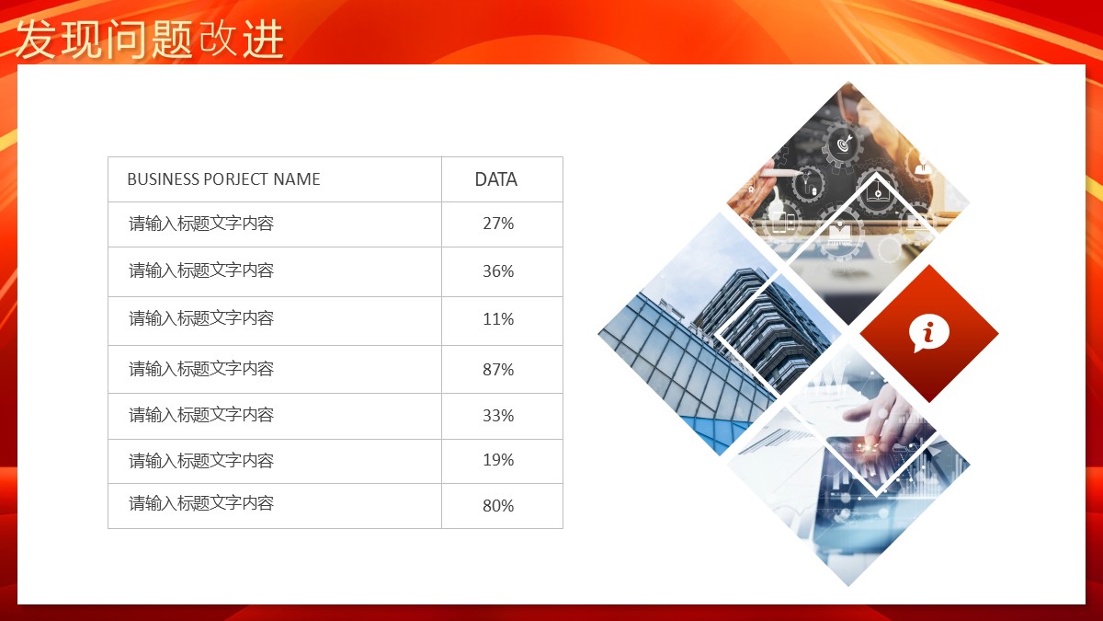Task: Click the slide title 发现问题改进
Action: point(150,39)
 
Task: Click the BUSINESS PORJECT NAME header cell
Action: point(223,178)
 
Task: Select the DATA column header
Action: point(495,179)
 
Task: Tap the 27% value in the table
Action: point(498,224)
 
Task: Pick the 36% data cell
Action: point(498,270)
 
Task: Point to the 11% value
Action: point(498,319)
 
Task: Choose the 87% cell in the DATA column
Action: point(498,369)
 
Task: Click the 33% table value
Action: point(498,416)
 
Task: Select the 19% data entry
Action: point(498,460)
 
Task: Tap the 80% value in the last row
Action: point(498,506)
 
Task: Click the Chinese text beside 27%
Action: point(201,224)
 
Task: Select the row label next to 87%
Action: point(201,369)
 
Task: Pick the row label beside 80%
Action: point(201,503)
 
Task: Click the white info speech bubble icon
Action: point(928,333)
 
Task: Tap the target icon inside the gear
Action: point(844,144)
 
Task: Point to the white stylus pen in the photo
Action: point(783,173)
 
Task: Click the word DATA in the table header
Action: point(495,179)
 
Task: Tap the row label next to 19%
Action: point(201,460)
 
